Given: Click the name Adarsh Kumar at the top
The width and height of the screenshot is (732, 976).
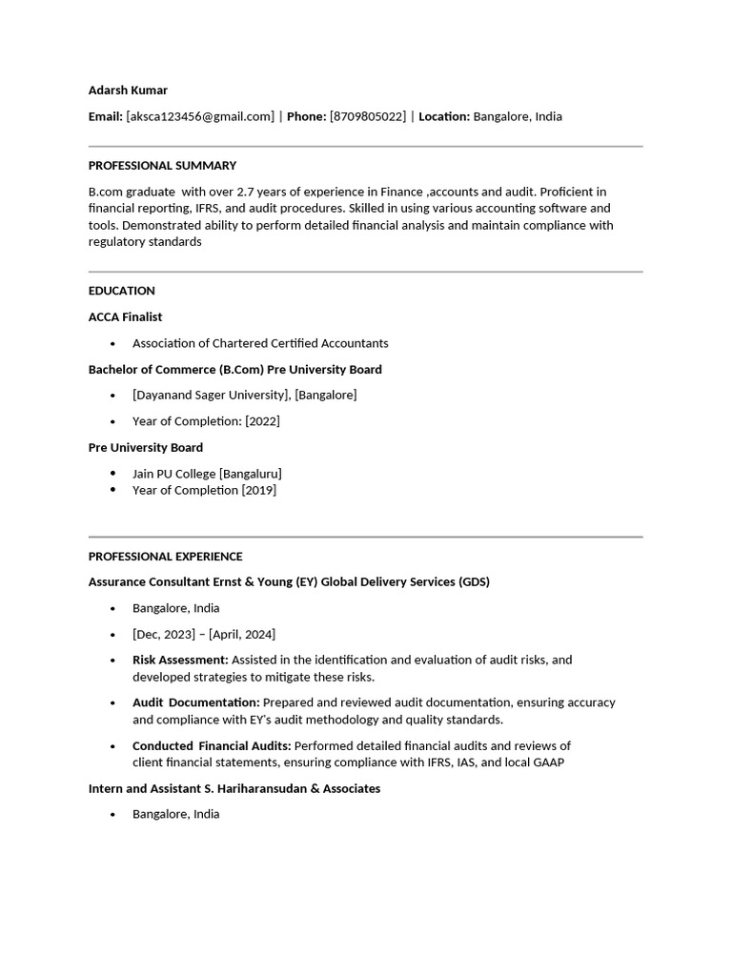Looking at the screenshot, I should (x=128, y=91).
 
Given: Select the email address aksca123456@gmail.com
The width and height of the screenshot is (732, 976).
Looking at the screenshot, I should (x=200, y=116).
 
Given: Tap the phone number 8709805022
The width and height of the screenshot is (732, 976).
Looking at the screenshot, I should (x=368, y=116).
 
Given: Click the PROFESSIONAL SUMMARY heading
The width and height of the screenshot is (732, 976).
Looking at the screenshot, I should (x=162, y=166).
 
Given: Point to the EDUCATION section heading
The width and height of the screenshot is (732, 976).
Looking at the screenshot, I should (x=121, y=291).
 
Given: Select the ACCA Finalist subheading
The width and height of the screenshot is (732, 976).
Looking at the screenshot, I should (x=125, y=316).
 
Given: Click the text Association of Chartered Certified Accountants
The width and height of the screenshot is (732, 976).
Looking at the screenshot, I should (x=260, y=343).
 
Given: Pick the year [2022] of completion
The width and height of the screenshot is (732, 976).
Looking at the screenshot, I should (x=262, y=421).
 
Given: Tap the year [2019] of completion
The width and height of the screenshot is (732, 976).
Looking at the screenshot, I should (x=258, y=490).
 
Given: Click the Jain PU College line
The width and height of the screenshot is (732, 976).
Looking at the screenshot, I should (x=207, y=474).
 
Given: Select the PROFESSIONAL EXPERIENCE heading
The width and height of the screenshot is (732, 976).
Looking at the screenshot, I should (x=165, y=557).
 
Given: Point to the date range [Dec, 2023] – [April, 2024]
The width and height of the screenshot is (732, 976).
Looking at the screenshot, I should (x=204, y=634).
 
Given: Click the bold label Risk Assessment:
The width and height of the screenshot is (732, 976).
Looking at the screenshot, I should (x=180, y=660).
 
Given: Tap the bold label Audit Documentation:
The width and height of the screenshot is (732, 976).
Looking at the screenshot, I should (x=195, y=702).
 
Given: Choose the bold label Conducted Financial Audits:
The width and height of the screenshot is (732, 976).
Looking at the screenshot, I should (x=212, y=745).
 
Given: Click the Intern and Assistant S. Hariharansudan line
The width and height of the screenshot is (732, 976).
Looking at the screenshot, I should (x=234, y=788).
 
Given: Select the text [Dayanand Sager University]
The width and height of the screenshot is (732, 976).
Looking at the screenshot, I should (x=211, y=395).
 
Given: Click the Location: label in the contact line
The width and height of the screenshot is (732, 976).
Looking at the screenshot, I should (x=444, y=116).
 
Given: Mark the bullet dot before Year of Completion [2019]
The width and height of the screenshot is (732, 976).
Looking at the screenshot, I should (x=112, y=490).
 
